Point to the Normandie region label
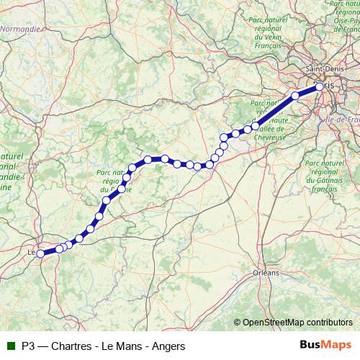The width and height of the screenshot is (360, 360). click(x=19, y=30)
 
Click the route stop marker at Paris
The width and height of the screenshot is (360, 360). click(x=320, y=88)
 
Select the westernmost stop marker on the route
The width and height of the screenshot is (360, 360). click(x=41, y=253)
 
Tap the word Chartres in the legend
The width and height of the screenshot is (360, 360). click(x=73, y=346)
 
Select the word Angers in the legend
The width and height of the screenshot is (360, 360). click(x=168, y=346)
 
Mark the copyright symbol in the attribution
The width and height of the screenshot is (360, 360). click(x=238, y=322)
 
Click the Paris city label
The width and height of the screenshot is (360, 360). click(x=330, y=85)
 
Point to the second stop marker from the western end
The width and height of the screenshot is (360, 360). click(x=59, y=248)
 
